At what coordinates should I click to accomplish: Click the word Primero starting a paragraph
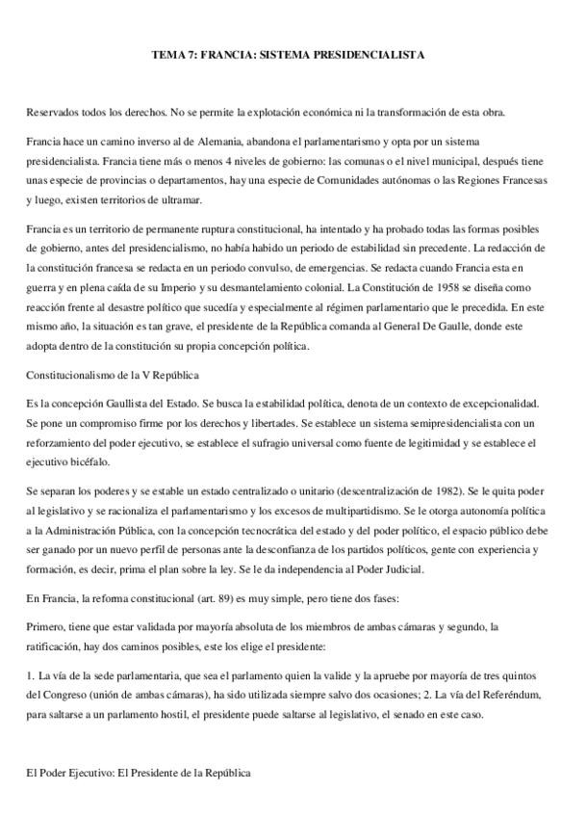click(46, 626)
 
